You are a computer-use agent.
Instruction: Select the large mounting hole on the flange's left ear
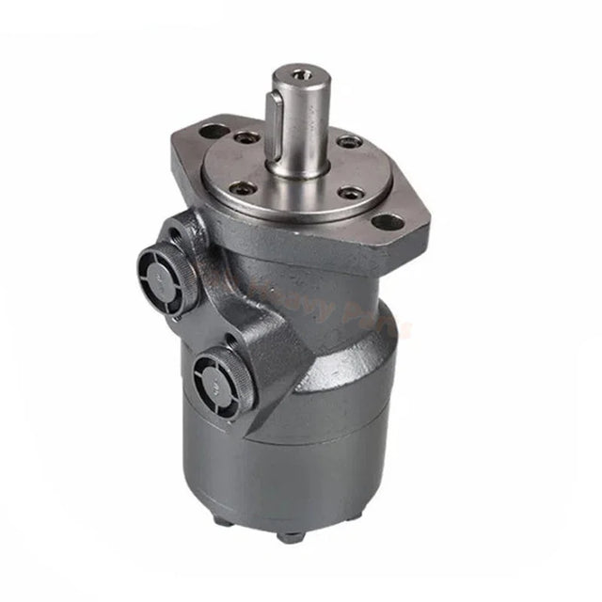tap(216, 131)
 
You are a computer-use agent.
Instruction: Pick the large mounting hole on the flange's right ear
tap(386, 223)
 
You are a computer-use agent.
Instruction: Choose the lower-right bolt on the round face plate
tap(351, 194)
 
